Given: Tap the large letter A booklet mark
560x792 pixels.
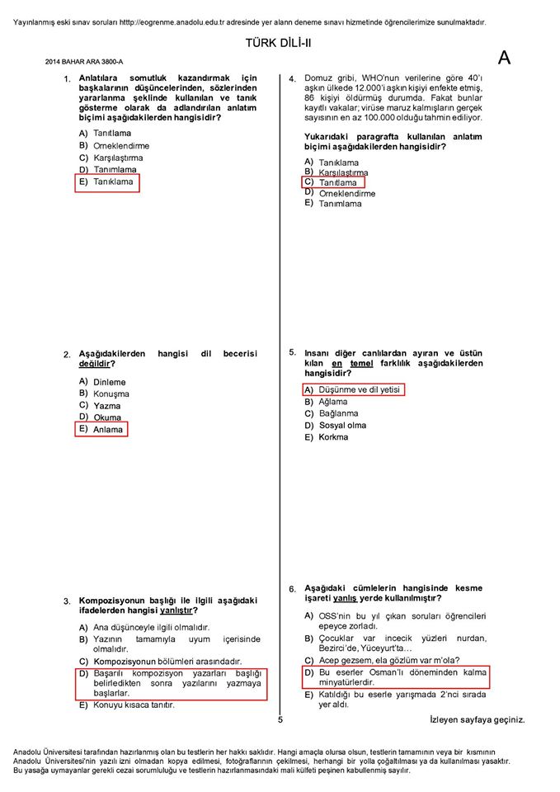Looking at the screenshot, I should pyautogui.click(x=505, y=58).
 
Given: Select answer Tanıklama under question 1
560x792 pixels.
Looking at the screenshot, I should pyautogui.click(x=112, y=182).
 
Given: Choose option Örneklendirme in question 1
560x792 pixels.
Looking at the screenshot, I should pyautogui.click(x=120, y=145).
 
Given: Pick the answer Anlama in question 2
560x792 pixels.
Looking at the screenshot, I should pyautogui.click(x=107, y=429).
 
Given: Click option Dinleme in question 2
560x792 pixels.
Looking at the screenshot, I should pyautogui.click(x=109, y=382).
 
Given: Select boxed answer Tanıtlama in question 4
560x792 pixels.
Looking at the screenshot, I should pyautogui.click(x=337, y=182).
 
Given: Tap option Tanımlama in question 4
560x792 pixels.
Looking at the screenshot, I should pyautogui.click(x=340, y=204).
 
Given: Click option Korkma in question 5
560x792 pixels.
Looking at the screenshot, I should pyautogui.click(x=333, y=437).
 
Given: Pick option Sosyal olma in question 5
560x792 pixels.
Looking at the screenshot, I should pyautogui.click(x=342, y=426).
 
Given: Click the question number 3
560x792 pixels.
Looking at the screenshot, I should pyautogui.click(x=67, y=601).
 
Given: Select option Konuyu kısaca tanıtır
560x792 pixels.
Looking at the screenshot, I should pyautogui.click(x=134, y=705).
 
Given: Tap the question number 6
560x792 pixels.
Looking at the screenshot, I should pyautogui.click(x=292, y=589).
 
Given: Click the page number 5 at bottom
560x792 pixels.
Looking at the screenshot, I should pyautogui.click(x=280, y=720).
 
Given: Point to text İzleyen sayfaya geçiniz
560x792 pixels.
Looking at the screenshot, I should pyautogui.click(x=477, y=720).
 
